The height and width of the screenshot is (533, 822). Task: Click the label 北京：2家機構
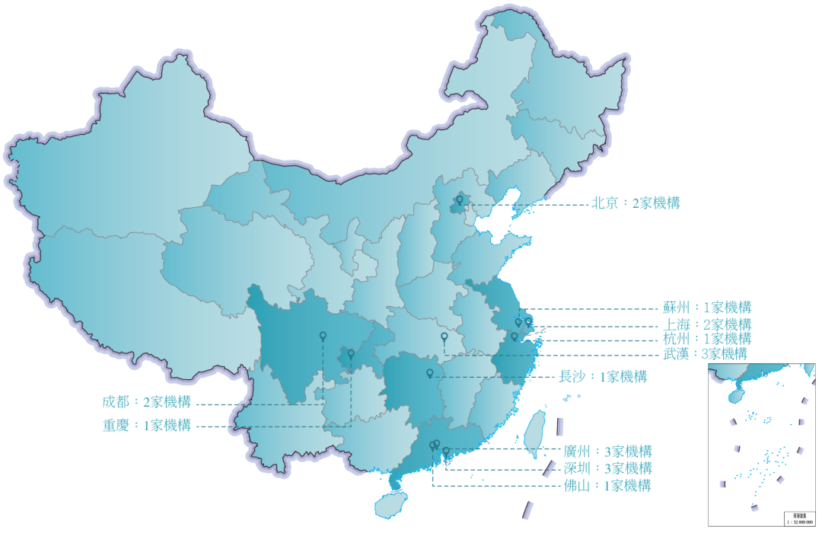[636, 203]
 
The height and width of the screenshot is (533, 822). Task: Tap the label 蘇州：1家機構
[707, 308]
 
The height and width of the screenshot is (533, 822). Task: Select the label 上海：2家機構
[707, 324]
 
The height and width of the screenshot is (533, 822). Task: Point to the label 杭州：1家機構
[707, 339]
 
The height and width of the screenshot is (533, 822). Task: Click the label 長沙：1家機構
[603, 376]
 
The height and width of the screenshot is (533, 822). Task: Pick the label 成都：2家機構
[146, 401]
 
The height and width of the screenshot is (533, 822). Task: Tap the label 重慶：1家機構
[146, 426]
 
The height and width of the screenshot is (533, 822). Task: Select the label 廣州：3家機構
[607, 451]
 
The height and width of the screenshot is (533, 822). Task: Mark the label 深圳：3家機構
[607, 468]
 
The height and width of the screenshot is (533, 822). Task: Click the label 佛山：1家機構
[607, 485]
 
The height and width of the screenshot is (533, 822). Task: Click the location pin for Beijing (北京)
[459, 201]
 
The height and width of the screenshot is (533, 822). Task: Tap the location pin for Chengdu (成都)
[323, 337]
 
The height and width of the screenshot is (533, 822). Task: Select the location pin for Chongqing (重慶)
[351, 354]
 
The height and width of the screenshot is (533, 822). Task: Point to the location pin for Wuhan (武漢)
[444, 337]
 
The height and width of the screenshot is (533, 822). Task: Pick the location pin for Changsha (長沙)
[430, 373]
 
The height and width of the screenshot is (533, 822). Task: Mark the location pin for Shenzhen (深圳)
[446, 452]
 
